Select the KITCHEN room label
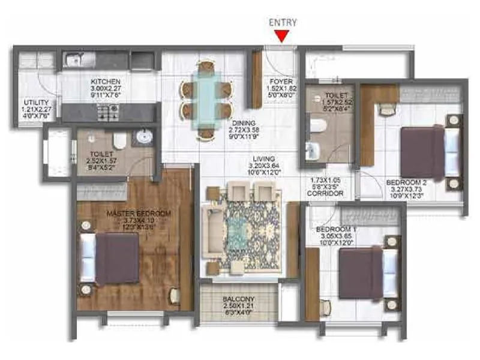coord(106,81)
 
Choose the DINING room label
coord(244,124)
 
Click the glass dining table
coord(205,100)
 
